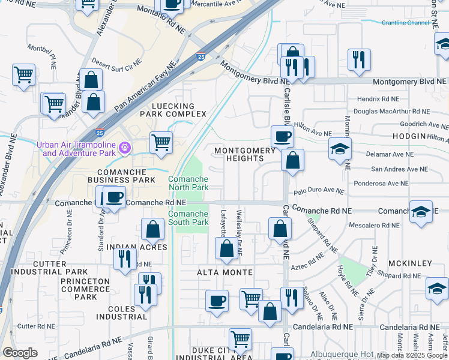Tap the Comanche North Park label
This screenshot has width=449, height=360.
(188, 183)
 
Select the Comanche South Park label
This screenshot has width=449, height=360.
(188, 218)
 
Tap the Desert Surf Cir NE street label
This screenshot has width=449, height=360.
(116, 65)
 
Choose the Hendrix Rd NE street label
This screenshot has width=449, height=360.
(378, 98)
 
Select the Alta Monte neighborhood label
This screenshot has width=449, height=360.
(224, 272)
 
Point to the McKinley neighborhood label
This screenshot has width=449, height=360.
(410, 263)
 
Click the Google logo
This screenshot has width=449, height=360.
(20, 353)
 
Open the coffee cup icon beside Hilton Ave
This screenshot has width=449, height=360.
(282, 136)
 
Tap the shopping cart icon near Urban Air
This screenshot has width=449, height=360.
(161, 143)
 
